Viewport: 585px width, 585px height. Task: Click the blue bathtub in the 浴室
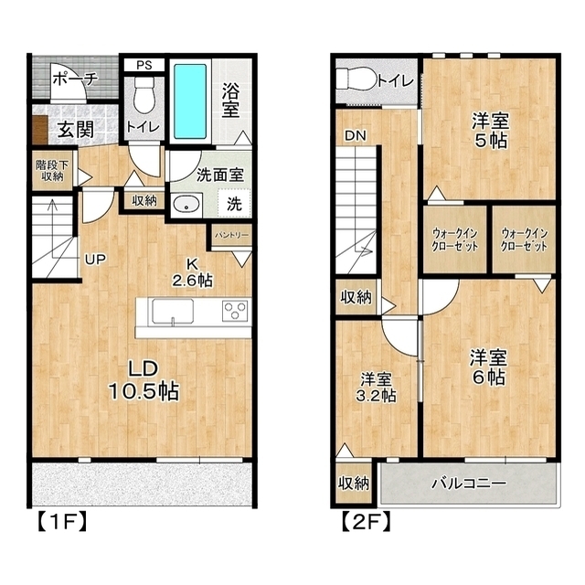(190, 101)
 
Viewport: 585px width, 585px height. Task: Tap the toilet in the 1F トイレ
(144, 95)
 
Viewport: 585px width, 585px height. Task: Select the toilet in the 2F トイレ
(356, 79)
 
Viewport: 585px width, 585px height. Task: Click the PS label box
(144, 65)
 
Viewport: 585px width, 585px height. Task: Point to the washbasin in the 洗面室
(186, 205)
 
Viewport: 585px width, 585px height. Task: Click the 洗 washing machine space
(234, 203)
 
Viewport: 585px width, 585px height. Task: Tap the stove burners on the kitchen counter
(235, 311)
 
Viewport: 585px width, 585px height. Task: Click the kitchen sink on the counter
(173, 313)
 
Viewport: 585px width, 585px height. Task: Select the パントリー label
(231, 236)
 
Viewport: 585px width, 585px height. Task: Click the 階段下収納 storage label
(52, 171)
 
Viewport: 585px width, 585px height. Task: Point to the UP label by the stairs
(95, 259)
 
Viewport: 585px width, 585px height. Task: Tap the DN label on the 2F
(356, 136)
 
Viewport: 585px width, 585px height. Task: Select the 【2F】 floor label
(367, 522)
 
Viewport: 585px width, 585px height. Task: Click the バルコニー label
(469, 484)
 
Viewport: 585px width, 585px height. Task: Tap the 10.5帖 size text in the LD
(144, 391)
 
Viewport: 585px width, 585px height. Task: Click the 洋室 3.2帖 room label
(376, 388)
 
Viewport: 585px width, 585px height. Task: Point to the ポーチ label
(76, 80)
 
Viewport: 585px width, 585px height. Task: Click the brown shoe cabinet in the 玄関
(40, 130)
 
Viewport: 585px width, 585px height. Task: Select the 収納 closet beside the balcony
(354, 484)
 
